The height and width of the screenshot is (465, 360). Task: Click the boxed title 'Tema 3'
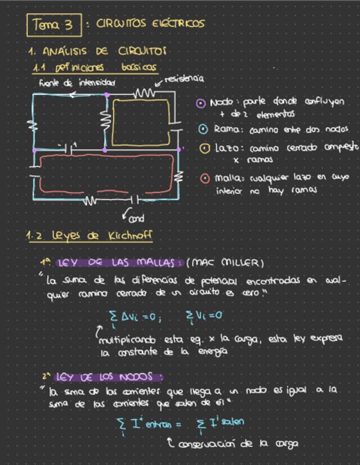click(x=53, y=24)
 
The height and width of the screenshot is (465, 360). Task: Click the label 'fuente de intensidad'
click(x=77, y=83)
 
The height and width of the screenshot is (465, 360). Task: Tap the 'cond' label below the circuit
click(x=136, y=219)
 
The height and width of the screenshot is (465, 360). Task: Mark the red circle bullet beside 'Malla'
click(x=204, y=178)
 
